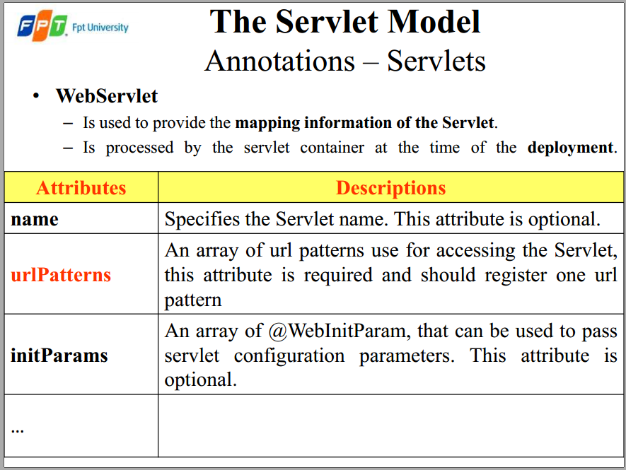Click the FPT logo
[x=42, y=25]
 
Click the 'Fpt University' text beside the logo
[x=100, y=28]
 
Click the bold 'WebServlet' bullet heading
[x=107, y=95]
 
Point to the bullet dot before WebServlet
[x=36, y=96]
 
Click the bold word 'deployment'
[x=570, y=148]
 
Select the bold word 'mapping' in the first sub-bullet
[x=267, y=123]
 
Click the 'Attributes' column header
[x=81, y=187]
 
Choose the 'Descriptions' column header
[x=391, y=188]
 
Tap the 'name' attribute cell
[x=35, y=219]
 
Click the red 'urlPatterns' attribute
[x=61, y=275]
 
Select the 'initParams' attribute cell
[x=59, y=355]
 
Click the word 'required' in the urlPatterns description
[x=338, y=276]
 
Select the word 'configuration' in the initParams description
[x=289, y=356]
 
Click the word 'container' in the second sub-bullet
[x=332, y=148]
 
